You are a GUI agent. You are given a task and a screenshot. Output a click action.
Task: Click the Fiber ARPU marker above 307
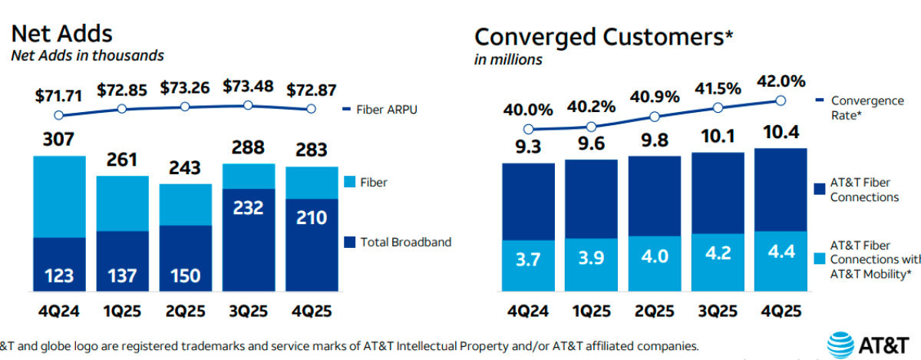pos(58,116)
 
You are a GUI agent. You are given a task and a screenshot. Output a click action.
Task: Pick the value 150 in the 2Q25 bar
pos(184,276)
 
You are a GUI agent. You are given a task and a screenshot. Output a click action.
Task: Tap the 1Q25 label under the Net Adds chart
pos(121,312)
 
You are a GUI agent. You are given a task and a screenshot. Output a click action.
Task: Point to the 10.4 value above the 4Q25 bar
pos(781,135)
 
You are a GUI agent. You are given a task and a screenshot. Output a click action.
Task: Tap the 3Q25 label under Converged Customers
pos(718,312)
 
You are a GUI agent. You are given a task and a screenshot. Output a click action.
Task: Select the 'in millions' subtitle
pos(508,60)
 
